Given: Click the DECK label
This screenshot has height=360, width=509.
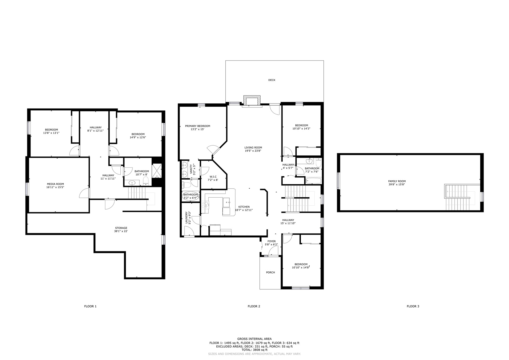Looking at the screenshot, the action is point(272,80).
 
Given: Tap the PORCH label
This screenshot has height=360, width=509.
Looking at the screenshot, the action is point(270,272).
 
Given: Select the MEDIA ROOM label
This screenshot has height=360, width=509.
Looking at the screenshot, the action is point(55,184).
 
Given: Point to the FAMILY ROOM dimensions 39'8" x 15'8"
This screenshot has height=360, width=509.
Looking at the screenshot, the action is point(397,185).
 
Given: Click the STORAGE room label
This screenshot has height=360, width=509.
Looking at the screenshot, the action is point(121,228).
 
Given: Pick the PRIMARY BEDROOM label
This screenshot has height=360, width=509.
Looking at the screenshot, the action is point(198,126).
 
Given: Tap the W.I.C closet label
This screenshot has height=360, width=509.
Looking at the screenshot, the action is point(213,177).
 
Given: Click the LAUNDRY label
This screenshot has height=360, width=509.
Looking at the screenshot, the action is point(187,218).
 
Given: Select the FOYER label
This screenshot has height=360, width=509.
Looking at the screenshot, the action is point(271,241).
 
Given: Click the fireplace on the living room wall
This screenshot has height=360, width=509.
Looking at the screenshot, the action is point(252,101).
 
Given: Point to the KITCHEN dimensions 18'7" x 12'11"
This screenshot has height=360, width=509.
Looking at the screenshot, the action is point(244,210).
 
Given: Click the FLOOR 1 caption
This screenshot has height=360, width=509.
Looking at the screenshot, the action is point(90,306).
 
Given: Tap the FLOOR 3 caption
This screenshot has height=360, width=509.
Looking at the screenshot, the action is point(413,306).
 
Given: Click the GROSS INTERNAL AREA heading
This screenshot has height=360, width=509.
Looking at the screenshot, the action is point(254,339).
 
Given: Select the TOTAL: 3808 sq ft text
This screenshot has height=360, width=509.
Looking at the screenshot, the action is point(254,350).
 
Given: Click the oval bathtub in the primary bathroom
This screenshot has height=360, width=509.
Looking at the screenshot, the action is point(191,196).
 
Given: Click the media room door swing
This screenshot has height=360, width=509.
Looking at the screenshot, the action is point(84,193).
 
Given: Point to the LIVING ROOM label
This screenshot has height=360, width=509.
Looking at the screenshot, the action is point(253,148).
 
